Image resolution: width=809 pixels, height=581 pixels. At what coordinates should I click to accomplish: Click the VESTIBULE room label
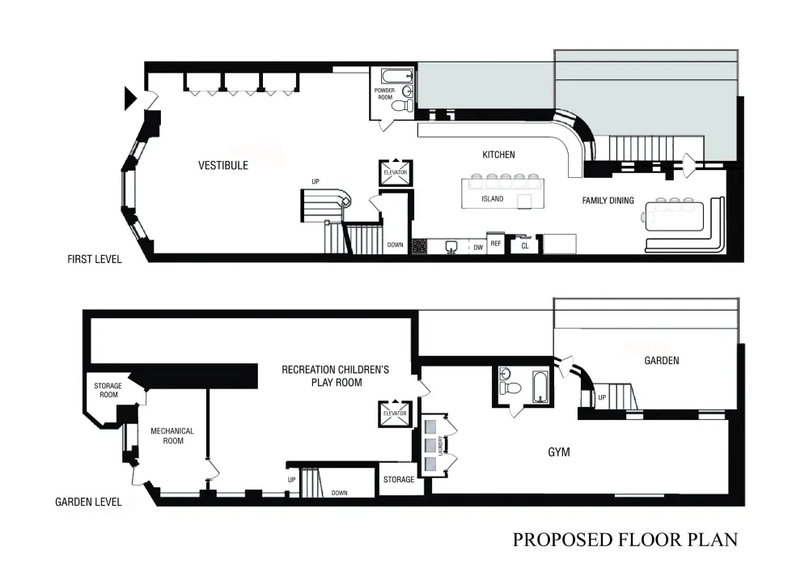click(223, 166)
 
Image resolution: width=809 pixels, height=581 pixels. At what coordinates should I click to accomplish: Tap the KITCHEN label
click(498, 155)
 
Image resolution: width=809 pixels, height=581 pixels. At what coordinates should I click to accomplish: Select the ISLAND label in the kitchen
click(492, 198)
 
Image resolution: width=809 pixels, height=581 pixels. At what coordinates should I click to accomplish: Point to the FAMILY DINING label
click(608, 201)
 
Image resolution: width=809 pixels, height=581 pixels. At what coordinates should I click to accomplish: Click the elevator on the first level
click(396, 173)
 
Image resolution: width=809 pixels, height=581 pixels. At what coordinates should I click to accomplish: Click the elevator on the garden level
click(396, 413)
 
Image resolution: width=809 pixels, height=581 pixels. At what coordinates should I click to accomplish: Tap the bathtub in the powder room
click(397, 76)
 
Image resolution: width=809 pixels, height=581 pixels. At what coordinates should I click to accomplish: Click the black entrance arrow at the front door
click(130, 98)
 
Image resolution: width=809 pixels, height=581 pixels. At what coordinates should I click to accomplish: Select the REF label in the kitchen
click(496, 244)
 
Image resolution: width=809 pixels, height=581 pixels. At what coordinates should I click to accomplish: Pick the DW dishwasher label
click(478, 248)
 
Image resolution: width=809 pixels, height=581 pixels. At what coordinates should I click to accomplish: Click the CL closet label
click(525, 246)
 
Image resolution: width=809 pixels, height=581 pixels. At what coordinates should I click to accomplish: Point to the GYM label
click(559, 452)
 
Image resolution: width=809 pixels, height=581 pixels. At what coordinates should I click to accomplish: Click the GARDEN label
click(662, 361)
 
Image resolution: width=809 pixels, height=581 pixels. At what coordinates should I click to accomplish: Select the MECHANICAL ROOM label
click(172, 436)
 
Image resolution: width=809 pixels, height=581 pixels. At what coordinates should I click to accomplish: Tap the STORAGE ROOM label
click(108, 390)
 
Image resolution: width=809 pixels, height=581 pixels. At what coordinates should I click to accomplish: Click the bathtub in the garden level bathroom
click(540, 387)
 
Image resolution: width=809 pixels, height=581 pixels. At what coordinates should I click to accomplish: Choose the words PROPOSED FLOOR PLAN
click(625, 540)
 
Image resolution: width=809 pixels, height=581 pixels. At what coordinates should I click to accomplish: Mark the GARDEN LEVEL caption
click(88, 502)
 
